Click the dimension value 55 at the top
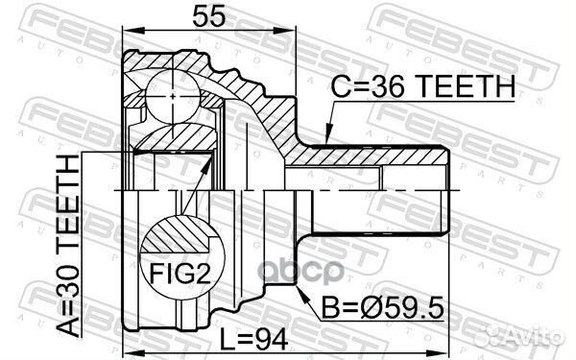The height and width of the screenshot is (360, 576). coord(208,16)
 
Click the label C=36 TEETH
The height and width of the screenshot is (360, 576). coord(423,86)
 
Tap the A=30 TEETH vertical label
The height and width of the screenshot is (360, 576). coord(68,246)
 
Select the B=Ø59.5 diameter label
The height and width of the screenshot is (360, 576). coord(383,308)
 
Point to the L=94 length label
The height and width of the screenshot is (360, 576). coord(253,339)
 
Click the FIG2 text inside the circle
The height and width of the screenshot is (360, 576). coord(180,274)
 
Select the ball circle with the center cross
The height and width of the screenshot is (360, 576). coord(173,96)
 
